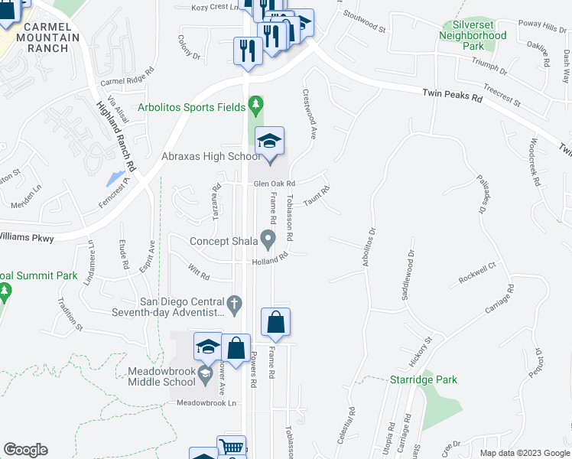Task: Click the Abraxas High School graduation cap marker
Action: pyautogui.click(x=269, y=142)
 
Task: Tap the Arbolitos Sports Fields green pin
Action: pyautogui.click(x=255, y=103)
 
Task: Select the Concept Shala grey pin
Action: pyautogui.click(x=268, y=241)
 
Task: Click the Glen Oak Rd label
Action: pyautogui.click(x=274, y=184)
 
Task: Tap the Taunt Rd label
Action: pyautogui.click(x=316, y=198)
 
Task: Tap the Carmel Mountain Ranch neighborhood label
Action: pyautogui.click(x=50, y=37)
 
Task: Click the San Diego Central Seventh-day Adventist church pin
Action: pyautogui.click(x=237, y=306)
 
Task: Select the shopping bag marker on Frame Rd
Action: pyautogui.click(x=275, y=323)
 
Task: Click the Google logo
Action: pyautogui.click(x=25, y=450)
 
